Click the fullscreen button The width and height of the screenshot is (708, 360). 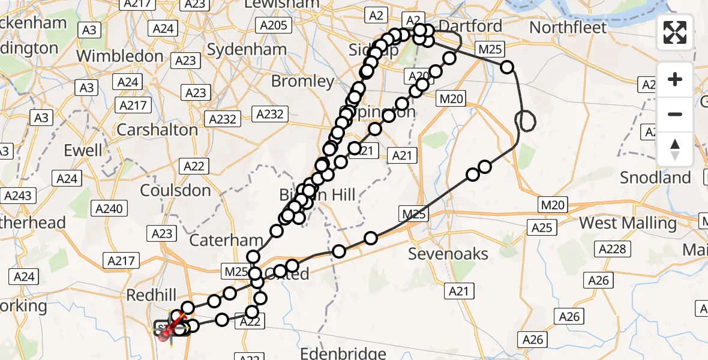click(x=675, y=32)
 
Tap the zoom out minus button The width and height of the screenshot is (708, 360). click(x=675, y=114)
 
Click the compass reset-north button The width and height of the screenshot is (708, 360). click(x=675, y=149)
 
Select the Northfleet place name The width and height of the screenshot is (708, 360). click(x=568, y=28)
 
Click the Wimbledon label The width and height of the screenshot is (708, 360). click(x=120, y=56)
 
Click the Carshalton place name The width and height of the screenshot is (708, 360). click(x=157, y=130)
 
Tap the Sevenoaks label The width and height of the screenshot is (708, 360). click(x=448, y=254)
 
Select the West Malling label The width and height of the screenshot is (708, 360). click(x=628, y=223)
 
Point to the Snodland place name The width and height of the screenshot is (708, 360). click(x=655, y=178)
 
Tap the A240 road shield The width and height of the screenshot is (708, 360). click(x=109, y=209)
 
